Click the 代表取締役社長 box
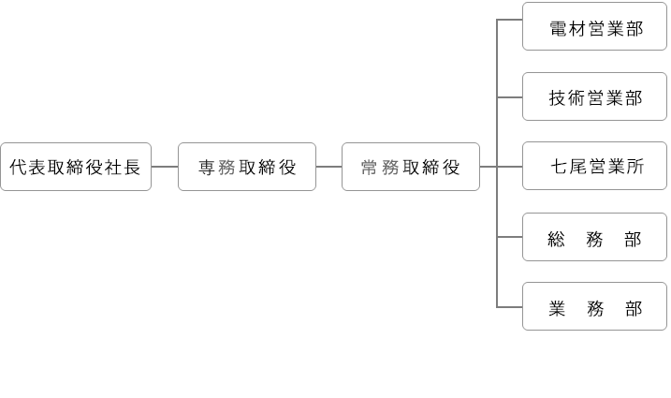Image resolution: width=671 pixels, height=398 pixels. [x=75, y=167]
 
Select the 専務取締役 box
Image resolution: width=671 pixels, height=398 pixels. [x=247, y=167]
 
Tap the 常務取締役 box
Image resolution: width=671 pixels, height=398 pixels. [x=411, y=167]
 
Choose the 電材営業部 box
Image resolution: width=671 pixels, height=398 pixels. [x=594, y=27]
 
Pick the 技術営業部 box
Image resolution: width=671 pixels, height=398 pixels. [x=594, y=97]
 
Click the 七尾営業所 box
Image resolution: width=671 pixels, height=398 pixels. [x=594, y=167]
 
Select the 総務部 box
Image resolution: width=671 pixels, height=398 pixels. [x=594, y=237]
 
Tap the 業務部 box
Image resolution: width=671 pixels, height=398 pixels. [x=594, y=307]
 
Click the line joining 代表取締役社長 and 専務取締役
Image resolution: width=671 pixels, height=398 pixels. [x=165, y=167]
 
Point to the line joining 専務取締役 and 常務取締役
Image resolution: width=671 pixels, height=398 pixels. [x=329, y=167]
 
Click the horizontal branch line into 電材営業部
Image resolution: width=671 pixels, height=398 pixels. [x=510, y=20]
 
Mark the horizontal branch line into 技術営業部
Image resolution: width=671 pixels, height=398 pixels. [x=510, y=97]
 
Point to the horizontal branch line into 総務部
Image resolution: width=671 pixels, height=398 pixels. [x=510, y=237]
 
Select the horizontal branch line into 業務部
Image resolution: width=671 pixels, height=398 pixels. [x=510, y=307]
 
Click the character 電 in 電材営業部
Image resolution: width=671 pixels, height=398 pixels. [x=559, y=28]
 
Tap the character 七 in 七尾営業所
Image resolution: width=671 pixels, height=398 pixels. [x=559, y=168]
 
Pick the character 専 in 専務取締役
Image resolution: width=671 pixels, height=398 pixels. [x=207, y=168]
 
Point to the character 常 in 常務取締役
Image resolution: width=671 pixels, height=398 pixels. [x=370, y=168]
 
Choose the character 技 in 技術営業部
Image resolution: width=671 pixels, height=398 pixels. [x=559, y=98]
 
